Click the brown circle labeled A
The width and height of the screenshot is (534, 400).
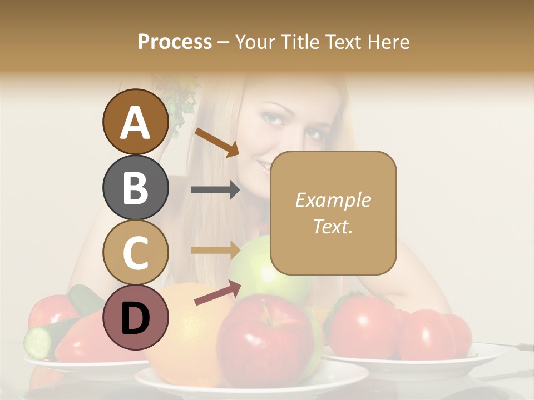click(136, 122)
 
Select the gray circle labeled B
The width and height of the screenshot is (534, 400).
click(136, 187)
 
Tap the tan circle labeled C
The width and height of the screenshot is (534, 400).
click(136, 252)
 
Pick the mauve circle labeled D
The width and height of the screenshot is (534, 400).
click(136, 317)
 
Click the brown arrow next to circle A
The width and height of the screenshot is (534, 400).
click(217, 142)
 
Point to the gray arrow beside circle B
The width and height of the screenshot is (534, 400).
click(215, 189)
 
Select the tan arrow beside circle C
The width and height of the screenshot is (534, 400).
click(215, 250)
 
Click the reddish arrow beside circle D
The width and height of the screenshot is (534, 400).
click(217, 293)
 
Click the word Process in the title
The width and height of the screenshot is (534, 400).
click(175, 42)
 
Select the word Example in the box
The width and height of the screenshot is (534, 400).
click(333, 200)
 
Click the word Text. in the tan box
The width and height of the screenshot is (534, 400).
click(333, 226)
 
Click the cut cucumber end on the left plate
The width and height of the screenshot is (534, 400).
click(38, 342)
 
